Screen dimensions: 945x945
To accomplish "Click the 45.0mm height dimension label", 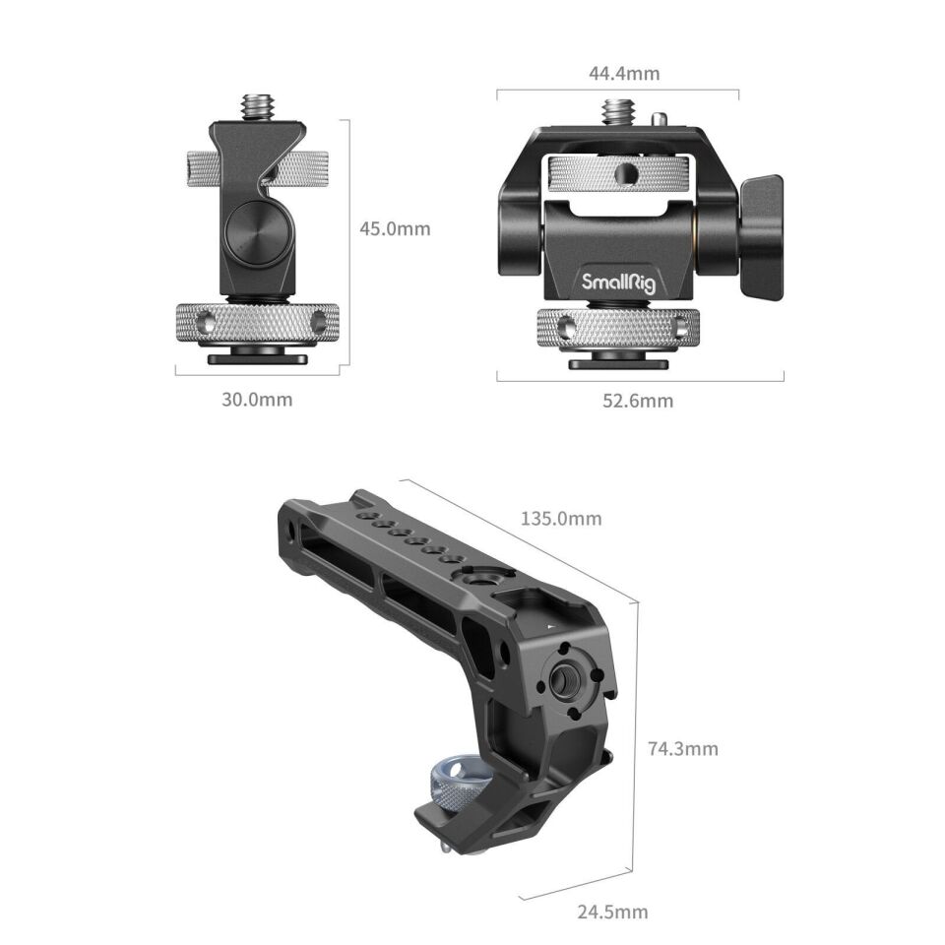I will [x=395, y=228].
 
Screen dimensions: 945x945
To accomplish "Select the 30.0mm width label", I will [x=257, y=399].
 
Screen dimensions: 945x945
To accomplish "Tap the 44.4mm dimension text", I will [x=617, y=73].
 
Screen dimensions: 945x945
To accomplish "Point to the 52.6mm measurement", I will [x=640, y=400].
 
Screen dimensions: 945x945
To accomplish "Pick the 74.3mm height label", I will [x=683, y=748].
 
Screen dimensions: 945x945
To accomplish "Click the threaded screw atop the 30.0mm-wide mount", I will [x=257, y=105].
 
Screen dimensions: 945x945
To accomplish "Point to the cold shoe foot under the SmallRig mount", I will [x=619, y=361].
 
